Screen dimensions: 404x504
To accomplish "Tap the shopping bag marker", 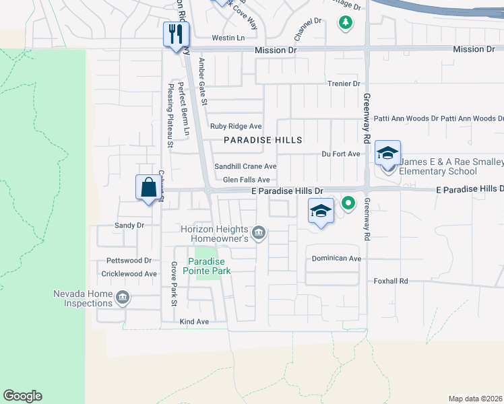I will click(x=148, y=187).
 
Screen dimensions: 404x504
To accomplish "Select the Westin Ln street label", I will click(x=228, y=38).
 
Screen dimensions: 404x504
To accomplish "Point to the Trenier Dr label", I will click(x=344, y=83).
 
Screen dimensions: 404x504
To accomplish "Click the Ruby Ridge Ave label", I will click(x=236, y=126).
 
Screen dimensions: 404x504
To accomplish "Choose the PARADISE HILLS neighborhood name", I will click(x=263, y=140).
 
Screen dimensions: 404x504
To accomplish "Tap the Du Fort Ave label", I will click(x=341, y=154).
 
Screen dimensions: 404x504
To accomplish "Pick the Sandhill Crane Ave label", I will click(x=245, y=166).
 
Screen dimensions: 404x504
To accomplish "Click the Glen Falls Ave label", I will click(x=246, y=180).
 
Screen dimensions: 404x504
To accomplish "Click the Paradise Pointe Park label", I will click(x=210, y=266).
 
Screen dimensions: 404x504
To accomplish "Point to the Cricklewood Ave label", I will click(x=129, y=274).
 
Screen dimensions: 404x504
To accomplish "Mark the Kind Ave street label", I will click(x=194, y=322).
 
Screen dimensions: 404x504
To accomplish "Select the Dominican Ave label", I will click(x=336, y=258).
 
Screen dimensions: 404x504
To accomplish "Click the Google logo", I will click(x=22, y=396).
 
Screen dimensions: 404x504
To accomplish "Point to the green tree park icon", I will click(x=346, y=23).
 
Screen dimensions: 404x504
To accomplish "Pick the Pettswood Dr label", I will click(x=129, y=260).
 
